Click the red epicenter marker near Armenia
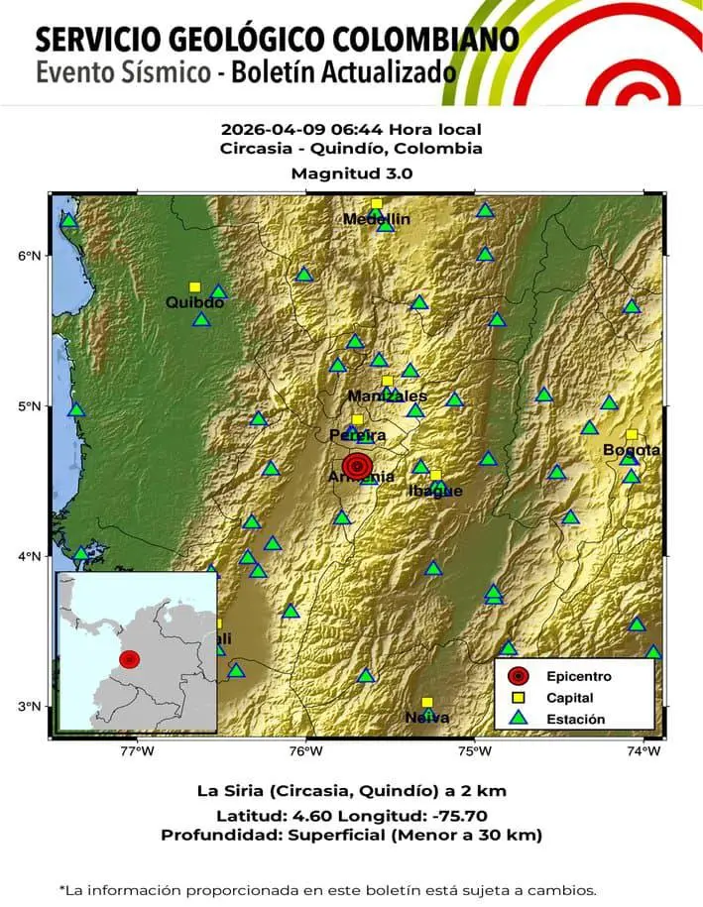coord(357,465)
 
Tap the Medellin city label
coord(377,219)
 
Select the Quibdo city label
coord(194,302)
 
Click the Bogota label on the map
coord(632,450)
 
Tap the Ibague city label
coord(435,491)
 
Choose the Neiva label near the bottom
coord(427,718)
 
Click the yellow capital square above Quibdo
coord(194,287)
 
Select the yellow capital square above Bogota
coord(632,434)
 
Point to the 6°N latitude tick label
coord(29,255)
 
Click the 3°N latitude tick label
coord(29,706)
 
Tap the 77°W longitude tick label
coord(137,751)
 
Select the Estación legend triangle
coord(517,719)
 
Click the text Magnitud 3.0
coord(351,172)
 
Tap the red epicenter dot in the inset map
coord(130,658)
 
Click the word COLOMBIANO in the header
coord(430,40)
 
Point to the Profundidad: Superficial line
coord(351,836)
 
